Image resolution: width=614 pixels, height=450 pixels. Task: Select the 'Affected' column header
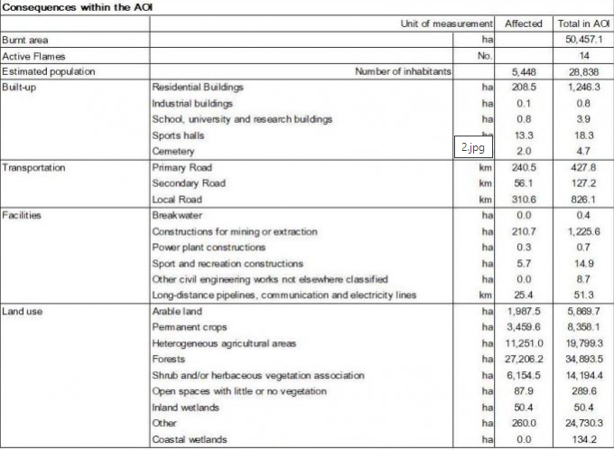point(523,23)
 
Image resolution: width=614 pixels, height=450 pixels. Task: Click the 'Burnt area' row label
point(25,40)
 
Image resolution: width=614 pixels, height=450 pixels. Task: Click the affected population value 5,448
point(524,71)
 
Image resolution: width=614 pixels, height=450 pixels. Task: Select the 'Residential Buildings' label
point(199,88)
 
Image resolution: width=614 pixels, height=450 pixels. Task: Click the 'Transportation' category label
point(34,167)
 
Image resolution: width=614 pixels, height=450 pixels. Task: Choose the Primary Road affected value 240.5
point(524,167)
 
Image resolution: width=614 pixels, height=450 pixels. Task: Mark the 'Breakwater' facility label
point(178,215)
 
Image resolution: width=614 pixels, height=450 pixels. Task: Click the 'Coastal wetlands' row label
point(191,440)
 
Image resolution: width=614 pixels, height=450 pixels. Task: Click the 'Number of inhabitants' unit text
point(404,71)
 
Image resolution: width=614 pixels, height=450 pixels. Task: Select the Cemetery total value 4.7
point(583,151)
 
